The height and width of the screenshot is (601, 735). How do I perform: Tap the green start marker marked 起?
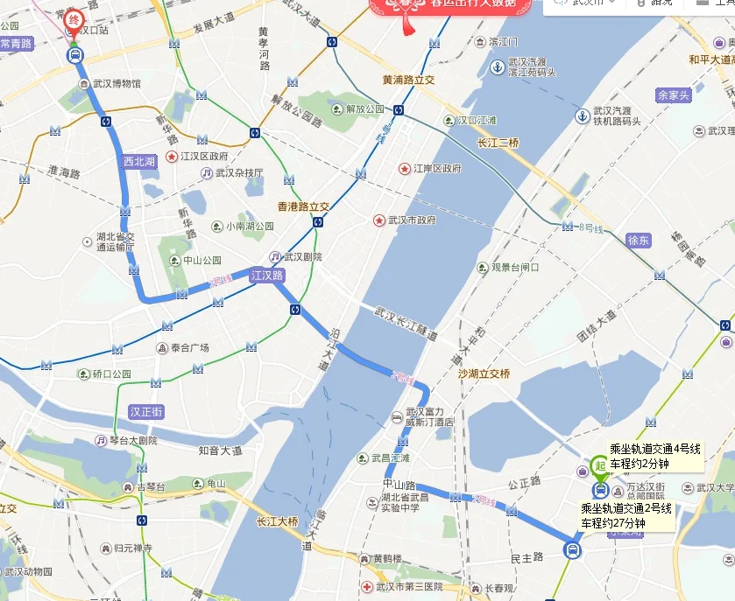pyautogui.click(x=600, y=465)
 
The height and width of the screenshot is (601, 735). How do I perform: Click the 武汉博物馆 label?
pyautogui.click(x=117, y=84)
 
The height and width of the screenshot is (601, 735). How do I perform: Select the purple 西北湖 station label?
pyautogui.click(x=139, y=161)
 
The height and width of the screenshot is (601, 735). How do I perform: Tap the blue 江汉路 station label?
pyautogui.click(x=268, y=275)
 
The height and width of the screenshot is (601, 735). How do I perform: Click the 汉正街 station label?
pyautogui.click(x=146, y=410)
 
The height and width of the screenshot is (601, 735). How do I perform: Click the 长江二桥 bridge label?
pyautogui.click(x=498, y=143)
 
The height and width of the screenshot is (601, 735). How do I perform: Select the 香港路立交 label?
pyautogui.click(x=303, y=206)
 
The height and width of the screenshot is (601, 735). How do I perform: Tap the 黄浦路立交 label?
pyautogui.click(x=409, y=80)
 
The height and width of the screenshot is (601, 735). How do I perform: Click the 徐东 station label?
pyautogui.click(x=640, y=240)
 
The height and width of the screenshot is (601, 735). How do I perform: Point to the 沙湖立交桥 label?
pyautogui.click(x=484, y=373)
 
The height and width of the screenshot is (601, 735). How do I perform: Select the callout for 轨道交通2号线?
pyautogui.click(x=626, y=515)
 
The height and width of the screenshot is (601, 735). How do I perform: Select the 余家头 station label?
pyautogui.click(x=674, y=94)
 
